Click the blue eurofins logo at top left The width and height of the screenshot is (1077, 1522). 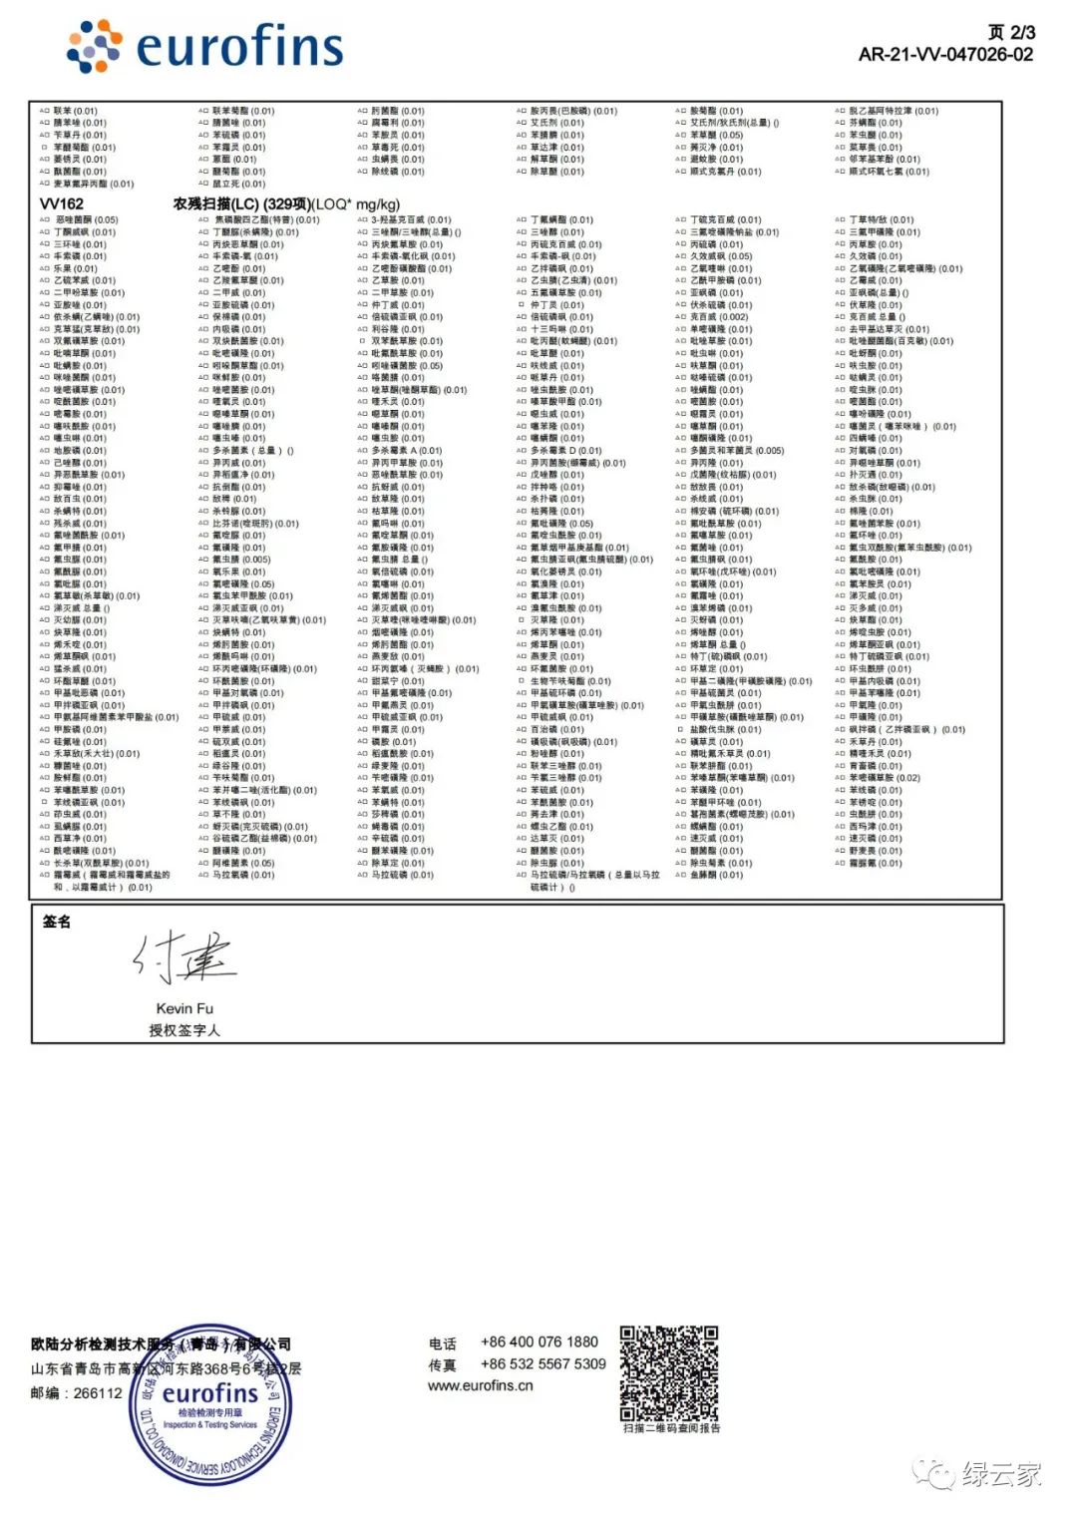click(x=204, y=46)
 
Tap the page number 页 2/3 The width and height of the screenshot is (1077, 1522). click(x=1010, y=33)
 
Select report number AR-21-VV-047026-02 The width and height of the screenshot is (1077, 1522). click(x=945, y=55)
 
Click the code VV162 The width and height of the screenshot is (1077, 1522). click(x=62, y=204)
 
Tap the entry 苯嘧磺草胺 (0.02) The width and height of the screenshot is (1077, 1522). click(x=885, y=778)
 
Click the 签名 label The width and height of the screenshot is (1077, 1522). click(x=57, y=922)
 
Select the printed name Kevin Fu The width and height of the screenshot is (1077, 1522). click(x=184, y=1008)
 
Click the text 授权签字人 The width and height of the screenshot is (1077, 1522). click(x=184, y=1030)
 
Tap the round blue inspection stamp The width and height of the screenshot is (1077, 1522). click(x=210, y=1405)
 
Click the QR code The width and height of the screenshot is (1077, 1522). click(x=668, y=1373)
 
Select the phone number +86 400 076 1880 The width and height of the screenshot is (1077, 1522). click(x=539, y=1342)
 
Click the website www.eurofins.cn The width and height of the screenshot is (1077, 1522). click(x=481, y=1385)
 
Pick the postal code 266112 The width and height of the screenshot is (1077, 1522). click(x=98, y=1393)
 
